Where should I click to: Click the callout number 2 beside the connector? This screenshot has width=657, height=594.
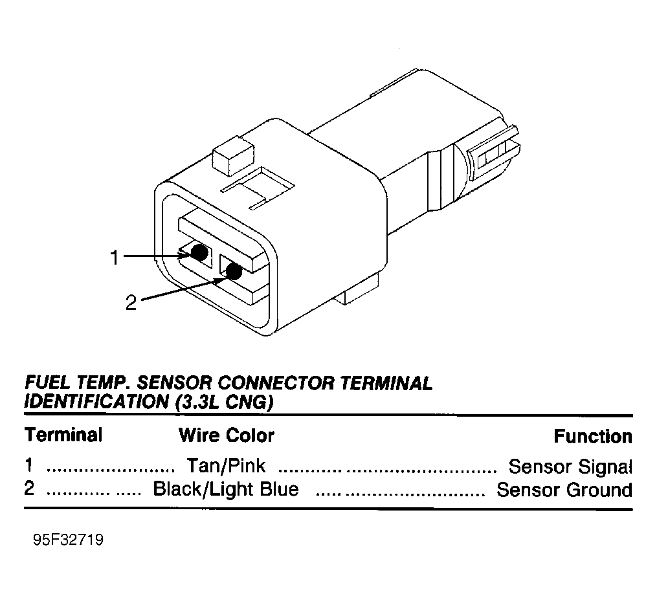click(131, 302)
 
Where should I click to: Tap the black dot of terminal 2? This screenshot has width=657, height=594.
click(234, 271)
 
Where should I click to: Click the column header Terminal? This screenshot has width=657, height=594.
click(63, 435)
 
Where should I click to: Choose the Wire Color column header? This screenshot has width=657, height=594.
click(227, 435)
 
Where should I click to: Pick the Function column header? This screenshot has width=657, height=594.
click(593, 437)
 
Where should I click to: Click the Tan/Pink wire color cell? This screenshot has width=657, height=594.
click(226, 466)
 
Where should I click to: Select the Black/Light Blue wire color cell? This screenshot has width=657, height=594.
click(226, 489)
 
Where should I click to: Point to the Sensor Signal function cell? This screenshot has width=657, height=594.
click(570, 467)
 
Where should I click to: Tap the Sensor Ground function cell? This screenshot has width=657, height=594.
click(564, 490)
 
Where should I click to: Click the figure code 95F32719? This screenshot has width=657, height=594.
click(69, 540)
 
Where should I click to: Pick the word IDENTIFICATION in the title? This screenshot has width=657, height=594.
click(96, 402)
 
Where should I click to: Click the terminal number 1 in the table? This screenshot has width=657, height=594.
click(28, 465)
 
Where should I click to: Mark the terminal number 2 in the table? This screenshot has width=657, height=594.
click(29, 489)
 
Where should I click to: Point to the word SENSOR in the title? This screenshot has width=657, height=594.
click(175, 383)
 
